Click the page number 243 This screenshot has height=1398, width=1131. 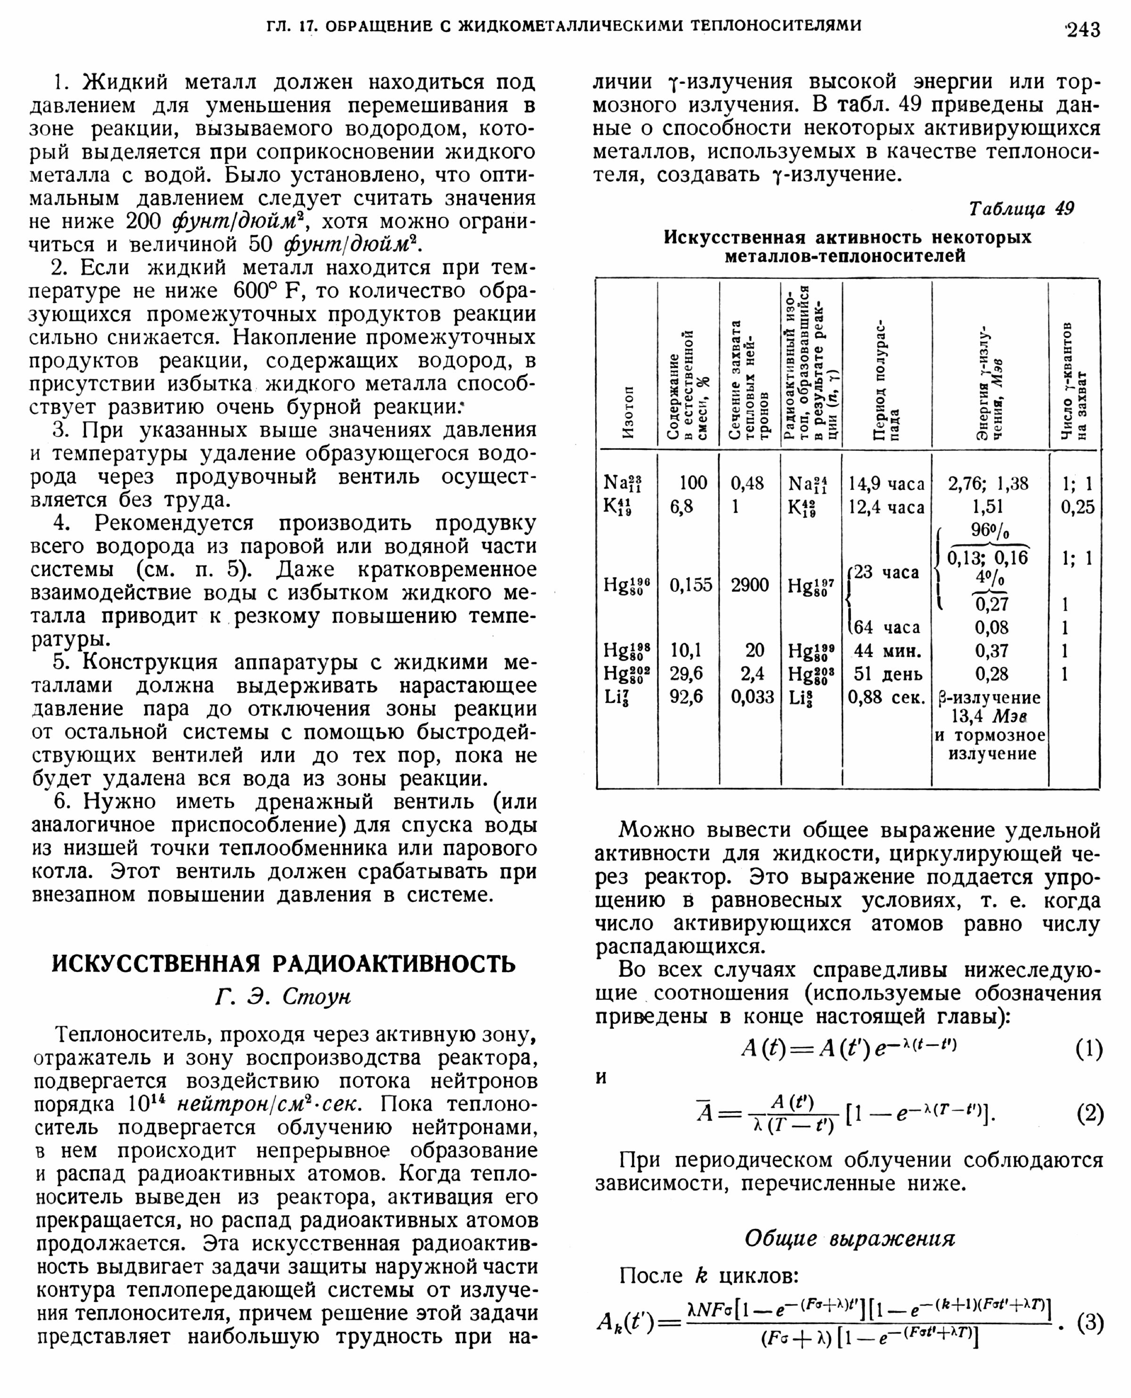point(1082,29)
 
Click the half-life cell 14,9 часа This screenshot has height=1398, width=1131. point(886,483)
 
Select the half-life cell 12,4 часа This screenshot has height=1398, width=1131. point(886,507)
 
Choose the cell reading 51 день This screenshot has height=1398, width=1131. point(888,674)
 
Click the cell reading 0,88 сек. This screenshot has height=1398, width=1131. point(886,697)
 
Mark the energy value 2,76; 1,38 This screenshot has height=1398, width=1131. point(988,483)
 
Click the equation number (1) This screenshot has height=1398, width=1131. point(1089,1049)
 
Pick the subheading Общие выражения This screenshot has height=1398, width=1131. point(850,1238)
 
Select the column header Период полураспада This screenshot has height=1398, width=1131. point(886,381)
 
